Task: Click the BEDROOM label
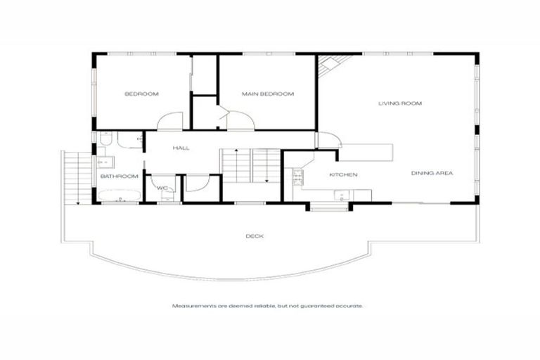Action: pos(141,94)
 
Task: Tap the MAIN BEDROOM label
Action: pos(267,94)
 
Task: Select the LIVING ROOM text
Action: pos(399,103)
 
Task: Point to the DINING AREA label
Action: pos(432,173)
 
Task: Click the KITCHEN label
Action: pos(344,174)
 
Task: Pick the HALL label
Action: pos(181,148)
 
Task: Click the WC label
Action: pos(162,188)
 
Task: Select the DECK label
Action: pos(255,236)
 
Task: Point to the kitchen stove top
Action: pos(297,175)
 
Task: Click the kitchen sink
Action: pos(342,196)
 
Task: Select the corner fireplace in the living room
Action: pos(327,67)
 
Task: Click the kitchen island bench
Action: pos(365,151)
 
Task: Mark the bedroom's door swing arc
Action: pos(169,122)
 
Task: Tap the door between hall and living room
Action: pos(328,140)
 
